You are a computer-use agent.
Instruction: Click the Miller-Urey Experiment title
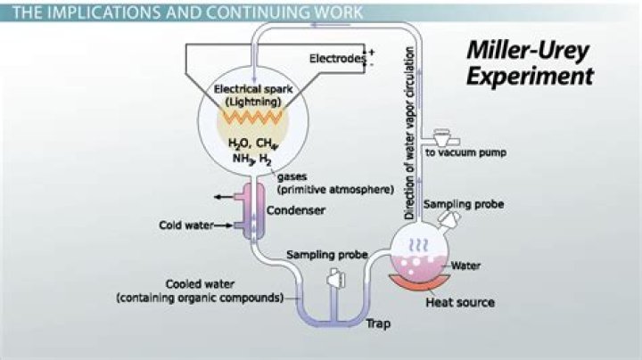tap(530, 64)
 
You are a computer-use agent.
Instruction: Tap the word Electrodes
tap(337, 59)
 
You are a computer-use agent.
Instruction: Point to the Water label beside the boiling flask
tap(466, 266)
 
